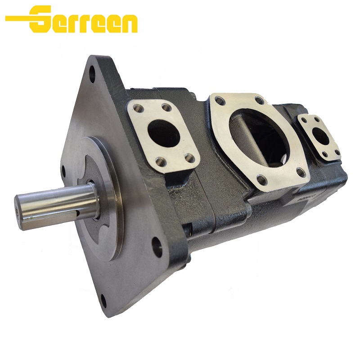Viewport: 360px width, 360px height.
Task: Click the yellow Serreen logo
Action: [x=72, y=19]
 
